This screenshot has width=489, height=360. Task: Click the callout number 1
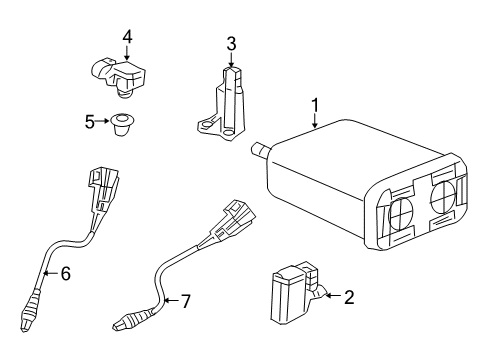click(x=315, y=104)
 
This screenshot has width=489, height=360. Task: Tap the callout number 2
click(x=349, y=297)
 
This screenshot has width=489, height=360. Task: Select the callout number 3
click(x=230, y=43)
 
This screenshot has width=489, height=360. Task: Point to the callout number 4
click(x=127, y=37)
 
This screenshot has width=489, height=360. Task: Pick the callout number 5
click(x=89, y=122)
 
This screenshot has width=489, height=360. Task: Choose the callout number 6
click(x=65, y=272)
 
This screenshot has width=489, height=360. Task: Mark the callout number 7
click(x=183, y=300)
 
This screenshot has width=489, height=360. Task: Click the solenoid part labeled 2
click(x=294, y=299)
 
